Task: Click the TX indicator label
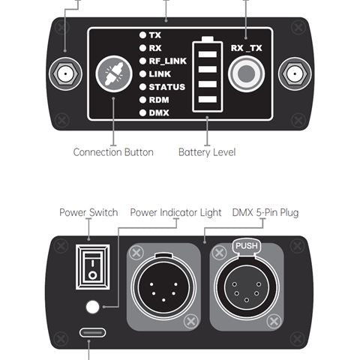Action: (154, 35)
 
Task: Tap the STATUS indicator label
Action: (166, 86)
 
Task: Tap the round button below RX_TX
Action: (246, 75)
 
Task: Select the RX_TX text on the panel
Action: (247, 47)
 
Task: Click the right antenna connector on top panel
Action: (295, 74)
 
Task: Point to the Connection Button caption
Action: (113, 152)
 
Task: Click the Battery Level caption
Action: (207, 152)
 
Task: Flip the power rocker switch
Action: (92, 266)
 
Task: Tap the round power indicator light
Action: (93, 306)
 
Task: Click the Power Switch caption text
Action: (88, 212)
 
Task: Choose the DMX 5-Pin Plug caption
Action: (265, 212)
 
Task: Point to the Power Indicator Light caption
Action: (175, 212)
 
